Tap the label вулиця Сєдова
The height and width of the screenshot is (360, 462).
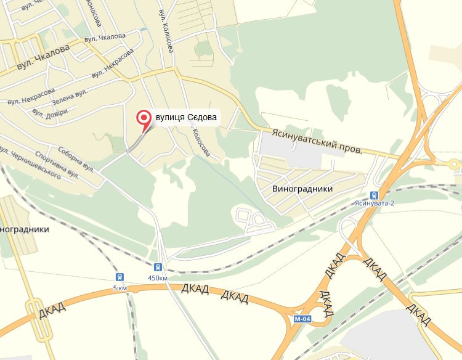click(x=187, y=117)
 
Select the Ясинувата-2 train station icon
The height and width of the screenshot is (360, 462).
click(x=375, y=195)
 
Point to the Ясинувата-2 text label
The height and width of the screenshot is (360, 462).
click(x=375, y=203)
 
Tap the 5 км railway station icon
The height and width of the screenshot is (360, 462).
click(x=119, y=277)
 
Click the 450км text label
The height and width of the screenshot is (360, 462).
click(x=158, y=278)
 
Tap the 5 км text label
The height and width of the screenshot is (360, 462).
click(x=120, y=288)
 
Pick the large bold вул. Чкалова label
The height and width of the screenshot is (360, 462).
click(x=41, y=59)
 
